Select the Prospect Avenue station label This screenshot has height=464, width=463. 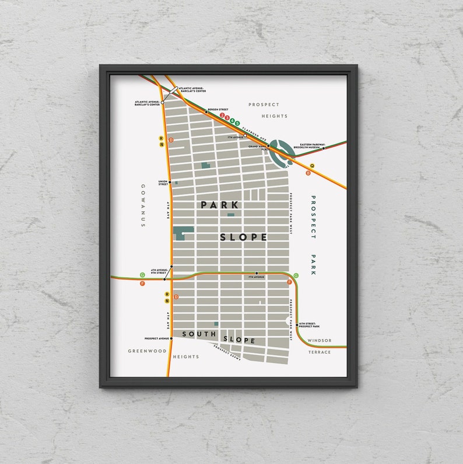click(157, 339)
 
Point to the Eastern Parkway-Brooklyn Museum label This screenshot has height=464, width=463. click(311, 146)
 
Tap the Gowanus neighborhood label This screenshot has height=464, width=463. click(142, 205)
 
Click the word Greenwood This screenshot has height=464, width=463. click(148, 351)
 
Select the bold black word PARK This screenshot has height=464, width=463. click(220, 205)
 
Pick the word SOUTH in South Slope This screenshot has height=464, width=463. click(199, 334)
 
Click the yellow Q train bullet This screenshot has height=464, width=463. click(312, 166)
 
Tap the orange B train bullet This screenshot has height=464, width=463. click(308, 173)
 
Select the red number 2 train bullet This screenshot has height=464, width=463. click(223, 116)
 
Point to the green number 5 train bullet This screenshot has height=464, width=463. click(238, 123)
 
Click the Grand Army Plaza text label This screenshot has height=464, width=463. click(257, 148)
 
